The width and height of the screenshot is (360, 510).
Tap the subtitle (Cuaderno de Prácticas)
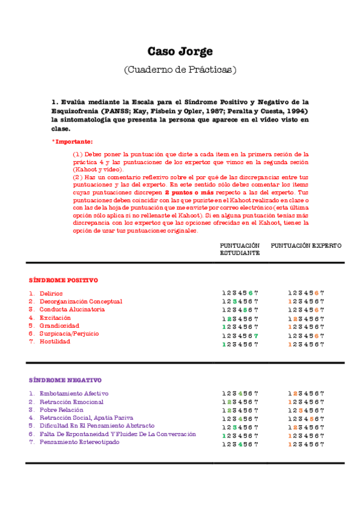(180, 69)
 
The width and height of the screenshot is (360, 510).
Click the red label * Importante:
(73, 141)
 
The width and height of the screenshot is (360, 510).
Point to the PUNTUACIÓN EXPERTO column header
(306, 246)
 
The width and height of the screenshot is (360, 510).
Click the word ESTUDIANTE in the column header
(240, 253)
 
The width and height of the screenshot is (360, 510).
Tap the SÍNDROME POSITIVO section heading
(64, 280)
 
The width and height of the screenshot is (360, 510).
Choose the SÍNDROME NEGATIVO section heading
(66, 380)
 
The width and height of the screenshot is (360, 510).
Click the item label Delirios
(51, 293)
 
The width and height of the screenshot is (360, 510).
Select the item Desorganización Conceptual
(81, 301)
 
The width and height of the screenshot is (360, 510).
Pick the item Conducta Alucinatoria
(72, 309)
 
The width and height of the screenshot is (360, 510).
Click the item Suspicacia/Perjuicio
(69, 333)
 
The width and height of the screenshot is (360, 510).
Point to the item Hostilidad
(55, 341)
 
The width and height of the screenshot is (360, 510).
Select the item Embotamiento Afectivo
(74, 393)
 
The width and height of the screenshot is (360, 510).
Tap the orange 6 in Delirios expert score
(316, 293)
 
